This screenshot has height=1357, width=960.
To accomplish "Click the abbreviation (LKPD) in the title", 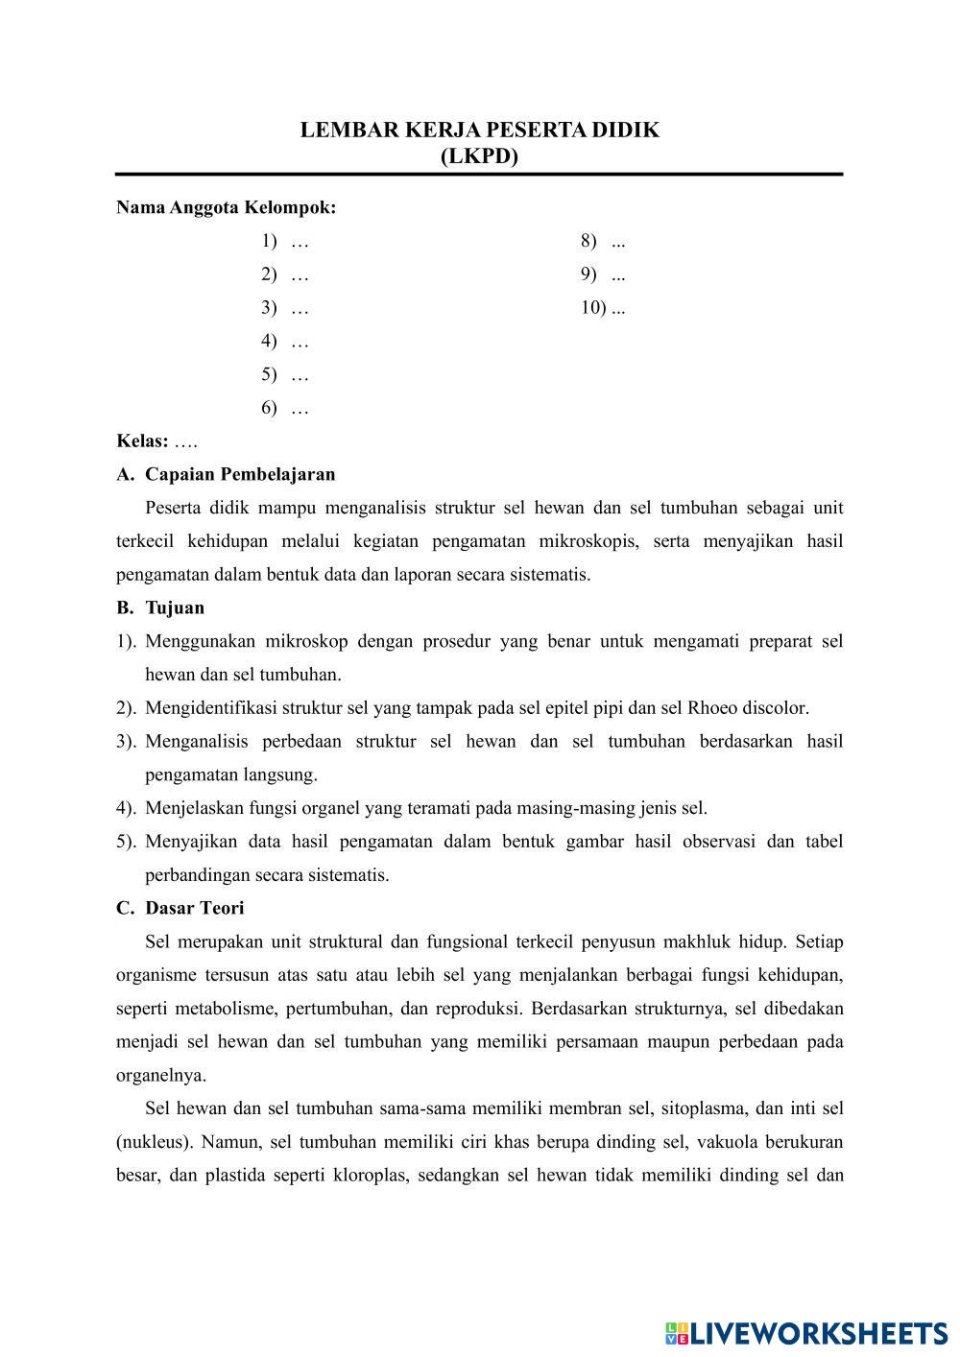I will point(479,156).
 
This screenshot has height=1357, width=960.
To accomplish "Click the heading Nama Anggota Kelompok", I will point(226,207).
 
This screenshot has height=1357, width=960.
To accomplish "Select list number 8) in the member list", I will point(588,241).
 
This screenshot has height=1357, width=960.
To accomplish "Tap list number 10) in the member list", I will point(592,308).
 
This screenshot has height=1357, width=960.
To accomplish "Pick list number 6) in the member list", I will point(269,409).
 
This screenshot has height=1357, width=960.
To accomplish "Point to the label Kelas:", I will point(142,441).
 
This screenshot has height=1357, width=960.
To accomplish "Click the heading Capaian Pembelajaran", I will point(240,474).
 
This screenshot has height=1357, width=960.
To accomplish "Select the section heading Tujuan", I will point(175,607).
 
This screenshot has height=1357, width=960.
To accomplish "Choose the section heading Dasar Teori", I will point(195,908).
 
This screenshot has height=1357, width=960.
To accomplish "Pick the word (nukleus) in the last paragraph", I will point(154,1142).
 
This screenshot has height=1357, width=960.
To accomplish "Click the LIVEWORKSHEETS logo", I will point(806,1332).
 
